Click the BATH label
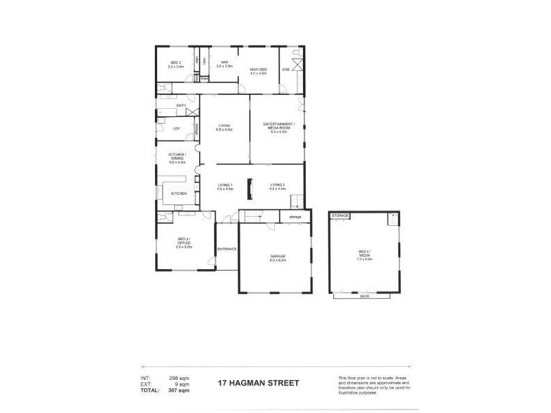(x=163, y=105)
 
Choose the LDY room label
(x=176, y=128)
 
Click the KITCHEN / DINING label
(x=177, y=158)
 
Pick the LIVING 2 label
(x=278, y=186)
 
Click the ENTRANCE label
(x=227, y=248)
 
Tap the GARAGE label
(x=278, y=257)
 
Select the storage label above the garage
(x=295, y=217)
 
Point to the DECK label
(x=364, y=296)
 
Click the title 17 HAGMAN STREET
(x=258, y=383)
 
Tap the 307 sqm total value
(x=178, y=390)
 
